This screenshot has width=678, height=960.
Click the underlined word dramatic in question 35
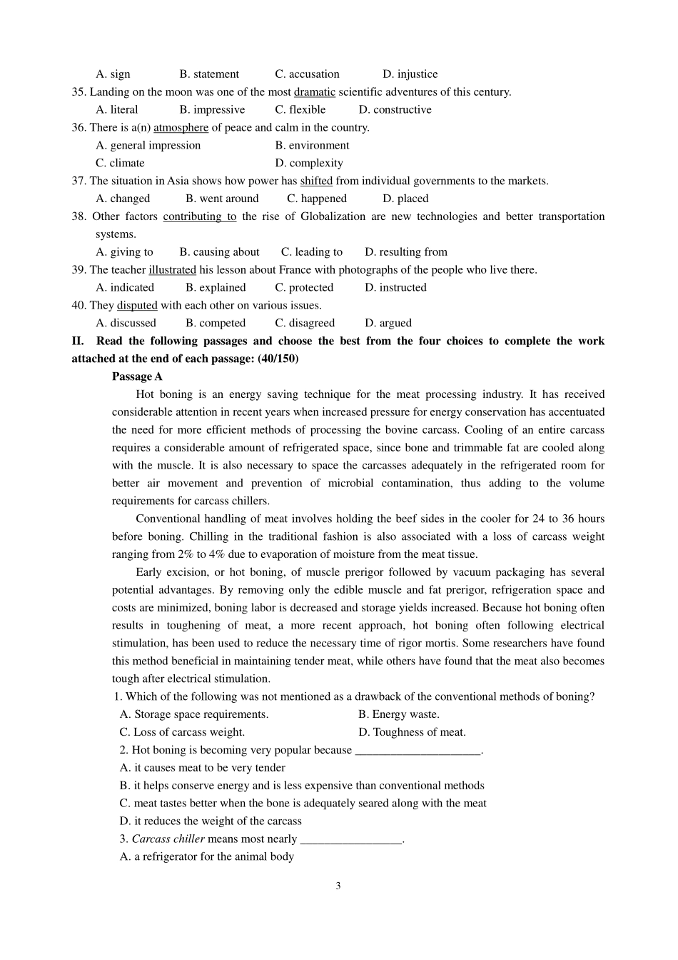coord(314,92)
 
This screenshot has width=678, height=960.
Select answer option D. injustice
coord(410,74)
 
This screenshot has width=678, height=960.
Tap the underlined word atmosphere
coord(181,128)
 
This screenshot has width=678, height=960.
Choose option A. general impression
coord(148,146)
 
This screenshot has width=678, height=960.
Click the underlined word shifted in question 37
coord(316,181)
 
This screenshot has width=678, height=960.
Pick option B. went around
coord(222,199)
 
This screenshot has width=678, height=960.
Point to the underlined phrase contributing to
coord(199,216)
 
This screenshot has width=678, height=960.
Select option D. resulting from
coord(405,252)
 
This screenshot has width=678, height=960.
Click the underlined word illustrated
coord(172,270)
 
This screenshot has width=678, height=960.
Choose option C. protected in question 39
coord(304,288)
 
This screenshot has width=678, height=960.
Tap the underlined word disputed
coord(137,306)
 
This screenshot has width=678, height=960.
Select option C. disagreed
coord(305,324)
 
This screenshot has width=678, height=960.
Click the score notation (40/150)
coord(278,359)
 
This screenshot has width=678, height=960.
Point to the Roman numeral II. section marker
coord(78,341)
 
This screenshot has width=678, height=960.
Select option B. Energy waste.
coord(399,714)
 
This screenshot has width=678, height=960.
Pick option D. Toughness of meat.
coord(412,732)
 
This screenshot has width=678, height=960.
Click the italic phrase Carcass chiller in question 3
coord(168,839)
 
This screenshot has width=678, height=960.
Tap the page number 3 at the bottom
coord(338,886)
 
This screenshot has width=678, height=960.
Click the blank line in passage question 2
coord(418,751)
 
